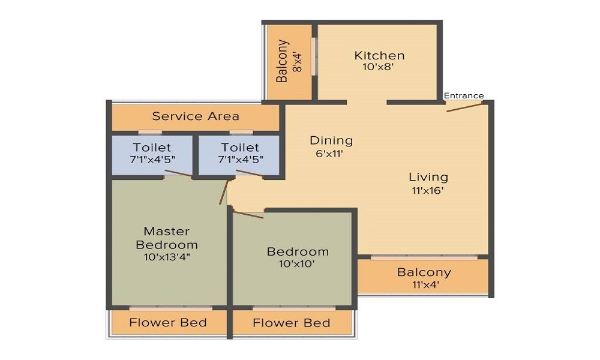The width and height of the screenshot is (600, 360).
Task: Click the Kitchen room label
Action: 379,55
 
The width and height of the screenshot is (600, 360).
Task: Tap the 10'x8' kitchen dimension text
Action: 378,67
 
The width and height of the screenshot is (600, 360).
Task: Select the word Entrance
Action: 463,95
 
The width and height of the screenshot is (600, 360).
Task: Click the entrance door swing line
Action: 464,107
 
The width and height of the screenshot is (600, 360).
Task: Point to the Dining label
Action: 331,140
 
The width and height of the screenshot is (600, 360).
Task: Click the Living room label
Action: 428,176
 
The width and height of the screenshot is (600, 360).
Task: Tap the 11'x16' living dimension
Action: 428,191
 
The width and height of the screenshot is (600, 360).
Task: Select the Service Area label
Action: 196,116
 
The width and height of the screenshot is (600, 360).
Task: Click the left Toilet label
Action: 152,147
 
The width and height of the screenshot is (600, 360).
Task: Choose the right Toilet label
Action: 240,147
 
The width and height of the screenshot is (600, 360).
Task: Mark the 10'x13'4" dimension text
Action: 167,257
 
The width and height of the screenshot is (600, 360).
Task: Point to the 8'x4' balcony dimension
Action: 296,61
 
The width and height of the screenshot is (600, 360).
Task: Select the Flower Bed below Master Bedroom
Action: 168,323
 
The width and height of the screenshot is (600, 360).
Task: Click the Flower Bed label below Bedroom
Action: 292,323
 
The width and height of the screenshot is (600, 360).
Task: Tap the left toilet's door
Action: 178,174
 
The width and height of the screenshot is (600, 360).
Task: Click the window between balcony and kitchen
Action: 314,57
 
